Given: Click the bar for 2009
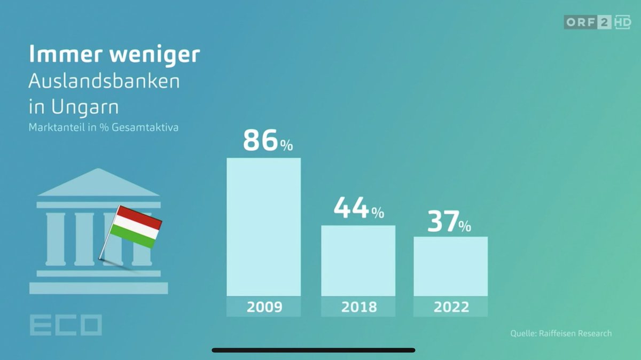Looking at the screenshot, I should coord(264,227).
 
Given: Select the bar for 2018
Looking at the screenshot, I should coord(358,261).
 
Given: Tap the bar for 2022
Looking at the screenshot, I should coord(450,266).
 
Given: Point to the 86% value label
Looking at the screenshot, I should coord(268,141).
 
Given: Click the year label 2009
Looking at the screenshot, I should coord(264,307).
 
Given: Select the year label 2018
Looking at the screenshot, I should coord(358,307).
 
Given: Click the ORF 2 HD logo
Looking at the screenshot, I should coord(597,22).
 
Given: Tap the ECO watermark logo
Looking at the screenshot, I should coord(65,325).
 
